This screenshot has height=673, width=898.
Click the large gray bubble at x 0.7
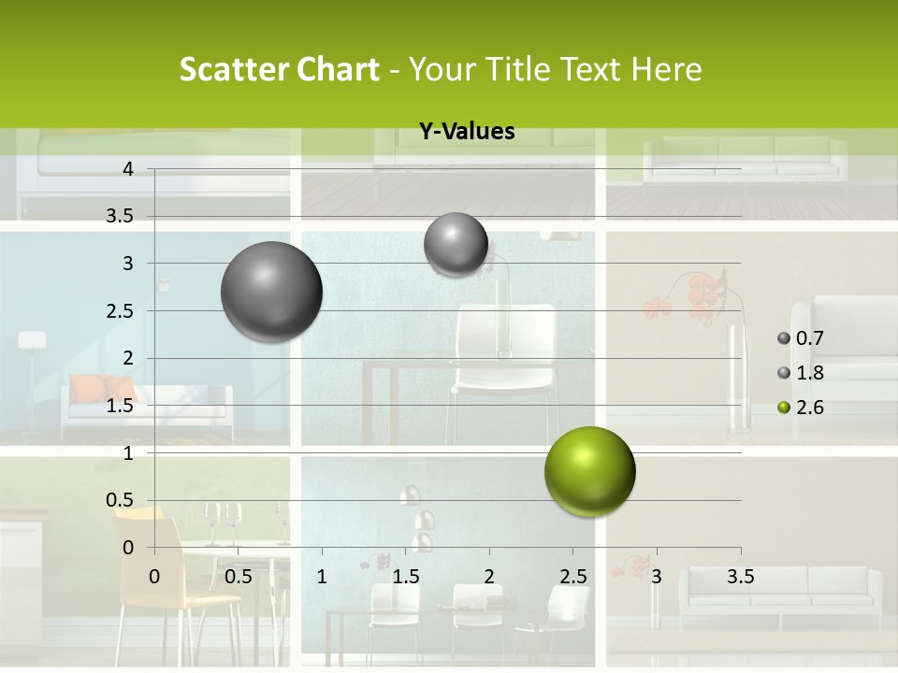(272, 292)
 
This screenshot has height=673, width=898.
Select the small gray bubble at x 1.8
(456, 244)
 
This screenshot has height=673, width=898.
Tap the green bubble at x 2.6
(589, 471)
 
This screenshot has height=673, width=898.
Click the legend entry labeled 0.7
(801, 338)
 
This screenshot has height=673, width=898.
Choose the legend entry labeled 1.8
(801, 373)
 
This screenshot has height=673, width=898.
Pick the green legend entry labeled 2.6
(801, 408)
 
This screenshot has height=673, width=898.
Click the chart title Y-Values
(466, 132)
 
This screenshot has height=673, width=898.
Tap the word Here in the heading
(667, 69)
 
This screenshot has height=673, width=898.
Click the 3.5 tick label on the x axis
(740, 577)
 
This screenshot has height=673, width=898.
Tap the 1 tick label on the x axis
(322, 577)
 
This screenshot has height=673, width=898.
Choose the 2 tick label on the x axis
(489, 577)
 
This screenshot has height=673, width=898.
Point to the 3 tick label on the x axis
(657, 577)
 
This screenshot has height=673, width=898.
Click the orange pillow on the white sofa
(103, 388)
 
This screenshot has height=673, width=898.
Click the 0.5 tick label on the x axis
(238, 577)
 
